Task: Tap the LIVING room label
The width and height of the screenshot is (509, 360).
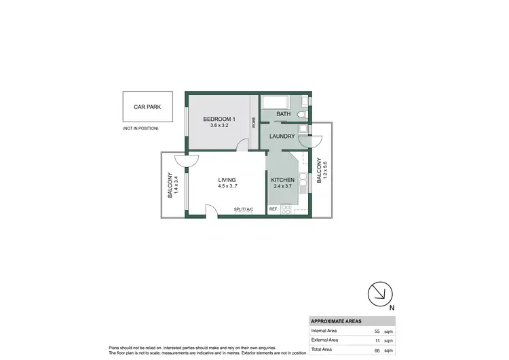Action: (227, 180)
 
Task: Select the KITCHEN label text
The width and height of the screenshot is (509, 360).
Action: (282, 180)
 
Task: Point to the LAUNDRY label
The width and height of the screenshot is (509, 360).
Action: (282, 137)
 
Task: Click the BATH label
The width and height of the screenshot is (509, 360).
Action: (283, 114)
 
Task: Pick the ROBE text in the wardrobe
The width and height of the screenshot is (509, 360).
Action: (254, 123)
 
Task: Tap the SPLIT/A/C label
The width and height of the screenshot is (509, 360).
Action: (243, 209)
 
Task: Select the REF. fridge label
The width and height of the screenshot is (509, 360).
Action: (273, 209)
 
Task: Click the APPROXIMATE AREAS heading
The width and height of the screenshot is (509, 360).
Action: (336, 321)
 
